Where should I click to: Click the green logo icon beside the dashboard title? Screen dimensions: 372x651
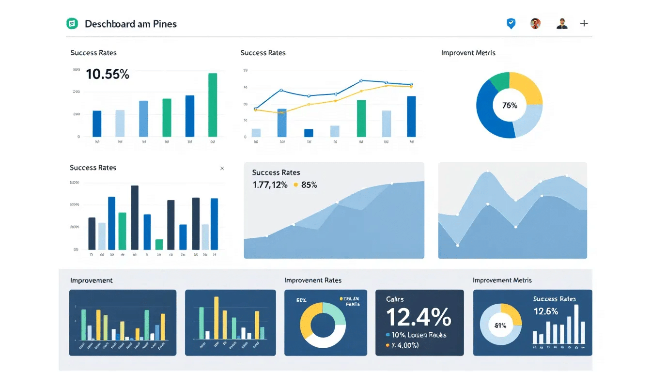72,23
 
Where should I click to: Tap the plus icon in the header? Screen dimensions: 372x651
584,23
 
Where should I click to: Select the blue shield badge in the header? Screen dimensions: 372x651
511,23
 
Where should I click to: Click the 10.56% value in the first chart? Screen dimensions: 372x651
108,75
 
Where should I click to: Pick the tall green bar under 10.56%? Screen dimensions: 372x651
212,105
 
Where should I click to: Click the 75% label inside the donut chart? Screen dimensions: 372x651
510,105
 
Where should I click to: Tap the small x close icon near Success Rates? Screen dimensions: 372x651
222,169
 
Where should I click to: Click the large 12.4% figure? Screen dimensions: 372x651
418,317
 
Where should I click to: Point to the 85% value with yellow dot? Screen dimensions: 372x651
309,185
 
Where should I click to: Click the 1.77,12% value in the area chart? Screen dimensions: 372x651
270,185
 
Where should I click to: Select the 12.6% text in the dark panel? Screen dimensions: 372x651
546,311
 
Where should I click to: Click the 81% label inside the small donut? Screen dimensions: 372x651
500,325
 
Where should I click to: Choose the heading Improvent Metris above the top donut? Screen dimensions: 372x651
468,53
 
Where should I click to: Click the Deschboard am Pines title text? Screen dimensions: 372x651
131,24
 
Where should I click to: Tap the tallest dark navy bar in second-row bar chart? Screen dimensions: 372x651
135,217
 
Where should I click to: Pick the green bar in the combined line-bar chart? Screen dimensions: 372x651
361,118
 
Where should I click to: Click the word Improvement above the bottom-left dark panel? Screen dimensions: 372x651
91,280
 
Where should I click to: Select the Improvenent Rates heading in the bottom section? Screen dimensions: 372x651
312,280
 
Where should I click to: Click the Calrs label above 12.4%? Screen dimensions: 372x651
395,299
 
